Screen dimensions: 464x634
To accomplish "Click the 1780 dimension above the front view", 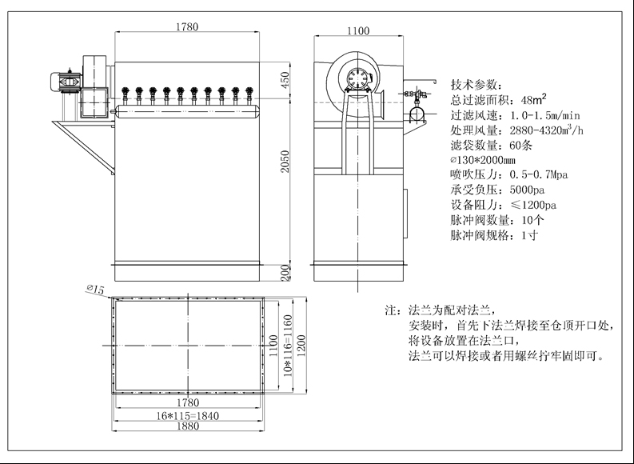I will tap(187, 26).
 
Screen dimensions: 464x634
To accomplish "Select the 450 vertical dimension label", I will tap(285, 80).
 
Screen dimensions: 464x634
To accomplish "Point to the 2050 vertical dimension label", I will tap(285, 165).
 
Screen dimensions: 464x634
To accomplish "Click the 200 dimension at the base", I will tap(285, 272).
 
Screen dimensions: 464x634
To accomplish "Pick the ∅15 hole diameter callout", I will tap(95, 290).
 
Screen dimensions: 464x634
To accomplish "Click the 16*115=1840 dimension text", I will tap(186, 415).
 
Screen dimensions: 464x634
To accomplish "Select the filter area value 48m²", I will tap(533, 100).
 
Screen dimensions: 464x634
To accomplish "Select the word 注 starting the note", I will tap(391, 309).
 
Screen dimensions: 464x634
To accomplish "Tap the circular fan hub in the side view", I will tap(356, 77).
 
